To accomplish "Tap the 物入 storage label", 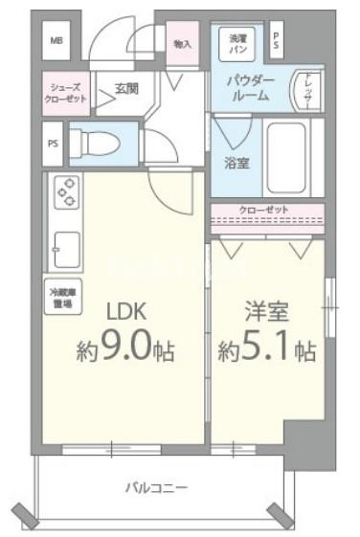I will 182,44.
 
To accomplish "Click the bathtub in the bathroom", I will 293,157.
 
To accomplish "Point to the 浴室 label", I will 236,163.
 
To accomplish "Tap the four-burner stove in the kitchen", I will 68,195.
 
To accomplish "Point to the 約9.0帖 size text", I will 124,351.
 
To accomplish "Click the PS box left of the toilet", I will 52,145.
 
